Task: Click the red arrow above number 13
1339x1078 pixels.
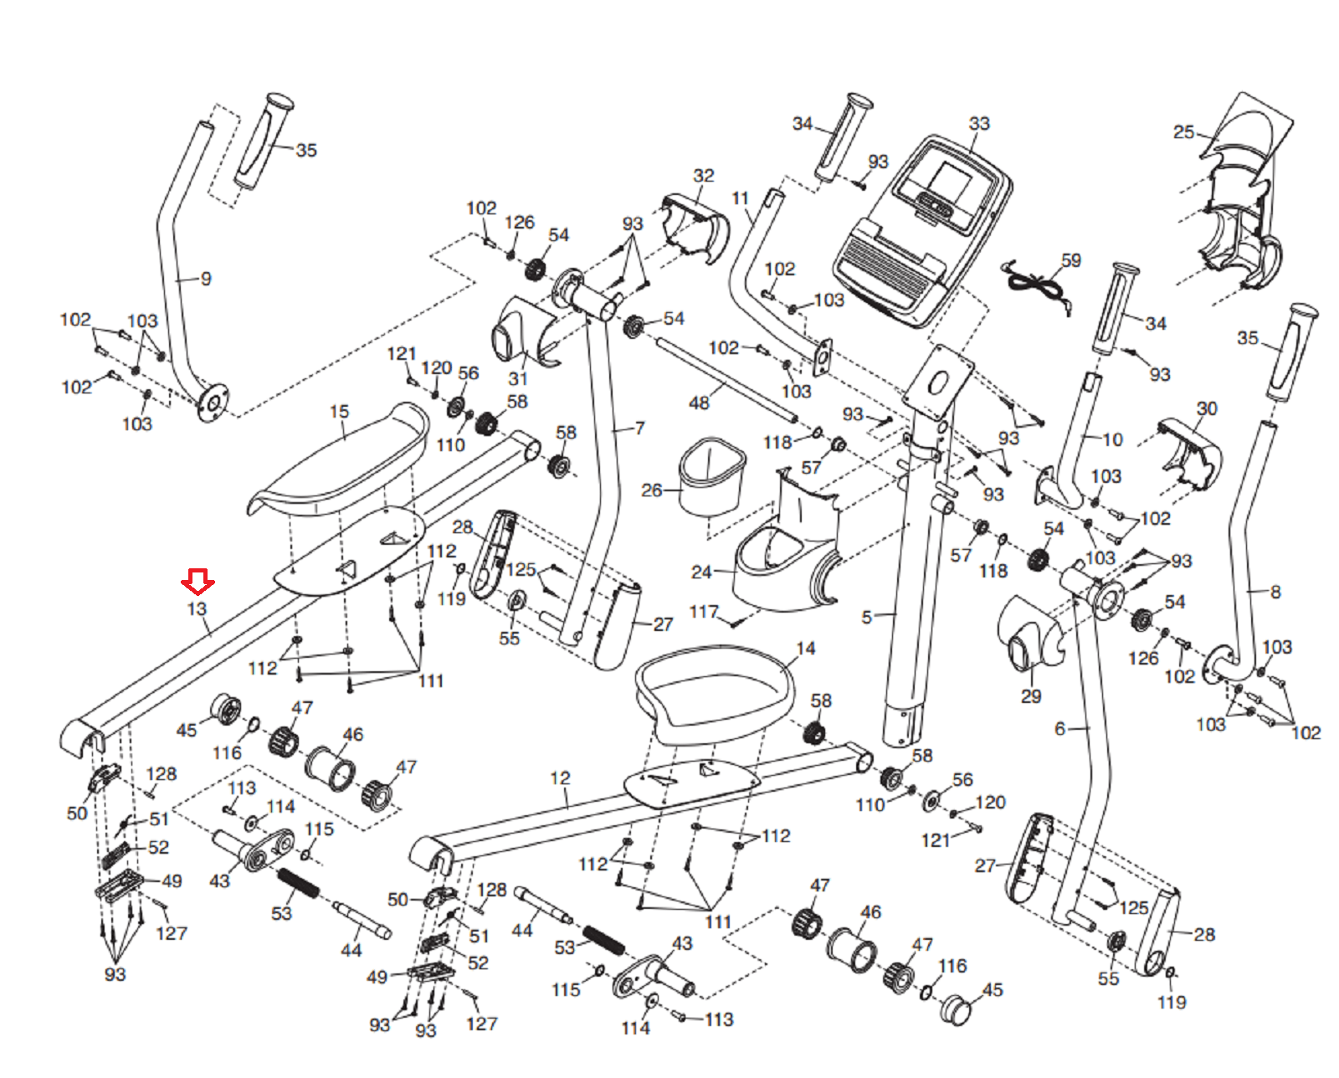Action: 198,582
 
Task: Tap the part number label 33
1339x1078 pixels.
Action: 978,123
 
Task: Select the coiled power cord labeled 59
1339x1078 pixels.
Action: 1037,287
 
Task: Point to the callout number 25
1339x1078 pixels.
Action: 1183,132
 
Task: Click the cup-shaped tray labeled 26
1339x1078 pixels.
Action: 711,477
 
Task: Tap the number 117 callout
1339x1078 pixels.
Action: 703,612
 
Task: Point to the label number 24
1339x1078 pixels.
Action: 701,572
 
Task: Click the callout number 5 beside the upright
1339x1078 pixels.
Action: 867,617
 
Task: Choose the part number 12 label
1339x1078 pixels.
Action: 560,778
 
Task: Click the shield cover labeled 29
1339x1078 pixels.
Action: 1029,633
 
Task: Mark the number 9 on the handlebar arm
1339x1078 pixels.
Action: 206,279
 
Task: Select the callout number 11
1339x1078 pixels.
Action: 740,198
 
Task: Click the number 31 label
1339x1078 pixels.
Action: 518,378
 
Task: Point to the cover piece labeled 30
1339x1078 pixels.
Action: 1189,453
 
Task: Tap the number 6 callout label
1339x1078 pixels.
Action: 1059,729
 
